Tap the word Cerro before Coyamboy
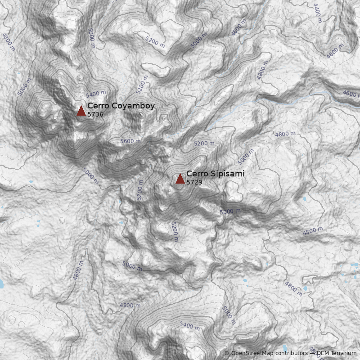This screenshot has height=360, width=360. [x=98, y=106]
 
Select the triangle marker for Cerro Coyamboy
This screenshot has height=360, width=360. [x=81, y=111]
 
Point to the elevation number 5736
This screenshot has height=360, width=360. [x=95, y=115]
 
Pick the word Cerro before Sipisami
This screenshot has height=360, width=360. [x=197, y=174]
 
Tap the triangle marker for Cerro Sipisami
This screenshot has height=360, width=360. [x=180, y=179]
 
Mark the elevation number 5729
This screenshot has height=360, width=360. [x=194, y=182]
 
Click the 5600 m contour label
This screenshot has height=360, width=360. [x=130, y=141]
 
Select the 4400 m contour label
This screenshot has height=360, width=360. [x=317, y=13]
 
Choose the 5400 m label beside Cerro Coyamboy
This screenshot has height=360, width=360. [x=96, y=94]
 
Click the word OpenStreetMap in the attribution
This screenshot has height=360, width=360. [x=252, y=353]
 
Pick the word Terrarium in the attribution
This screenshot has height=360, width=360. [x=344, y=353]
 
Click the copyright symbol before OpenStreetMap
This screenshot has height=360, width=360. [x=227, y=353]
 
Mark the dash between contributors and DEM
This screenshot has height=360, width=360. [x=311, y=353]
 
